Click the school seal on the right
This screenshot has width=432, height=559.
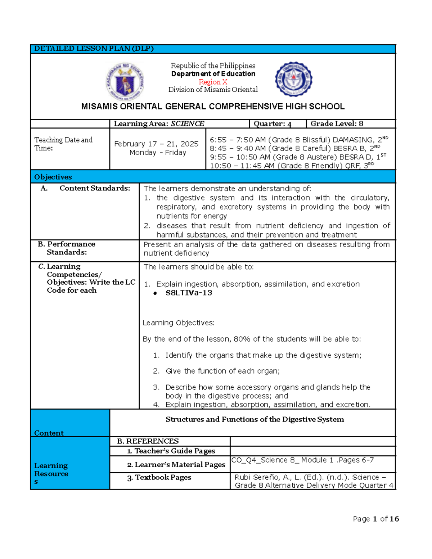click(x=293, y=79)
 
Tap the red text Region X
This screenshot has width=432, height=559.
click(x=213, y=82)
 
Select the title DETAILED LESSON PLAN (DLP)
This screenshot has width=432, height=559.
click(x=94, y=49)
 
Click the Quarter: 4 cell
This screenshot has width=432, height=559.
click(x=272, y=124)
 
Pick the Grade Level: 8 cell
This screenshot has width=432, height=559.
click(x=337, y=124)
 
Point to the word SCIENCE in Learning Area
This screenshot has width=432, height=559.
click(x=188, y=124)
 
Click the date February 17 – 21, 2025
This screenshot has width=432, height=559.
click(x=156, y=144)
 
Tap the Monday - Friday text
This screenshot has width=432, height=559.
click(x=158, y=153)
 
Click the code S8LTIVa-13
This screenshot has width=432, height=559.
click(x=189, y=293)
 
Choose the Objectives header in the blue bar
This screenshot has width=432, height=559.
click(x=53, y=177)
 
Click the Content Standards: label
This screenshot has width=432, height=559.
click(x=95, y=188)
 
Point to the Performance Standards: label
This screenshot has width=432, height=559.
click(x=67, y=248)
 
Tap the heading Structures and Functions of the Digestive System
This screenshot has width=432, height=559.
click(x=255, y=419)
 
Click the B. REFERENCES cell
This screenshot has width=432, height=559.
click(x=148, y=441)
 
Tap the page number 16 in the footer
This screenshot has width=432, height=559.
click(x=394, y=519)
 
